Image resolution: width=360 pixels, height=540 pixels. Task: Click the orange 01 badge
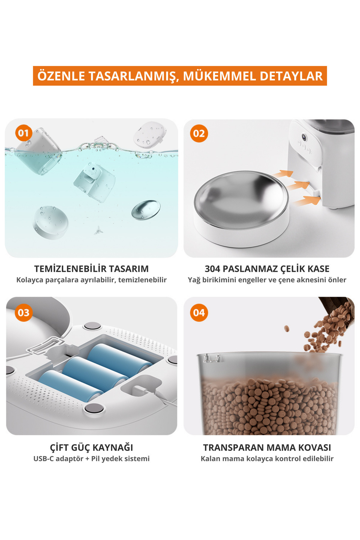pos(23,133)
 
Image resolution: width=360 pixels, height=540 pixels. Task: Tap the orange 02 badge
pos(199,133)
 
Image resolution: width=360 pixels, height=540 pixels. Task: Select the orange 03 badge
pos(23,313)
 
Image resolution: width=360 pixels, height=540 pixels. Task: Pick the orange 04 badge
pos(199,313)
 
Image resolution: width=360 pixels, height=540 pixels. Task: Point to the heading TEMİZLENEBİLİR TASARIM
pos(91,268)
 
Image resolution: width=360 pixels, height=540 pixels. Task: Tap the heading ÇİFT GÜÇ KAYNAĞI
pos(91,447)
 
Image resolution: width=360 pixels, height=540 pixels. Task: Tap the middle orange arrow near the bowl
pos(298,185)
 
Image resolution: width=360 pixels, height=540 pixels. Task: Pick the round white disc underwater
pos(51,222)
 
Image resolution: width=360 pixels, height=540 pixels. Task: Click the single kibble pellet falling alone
pos(287,328)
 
